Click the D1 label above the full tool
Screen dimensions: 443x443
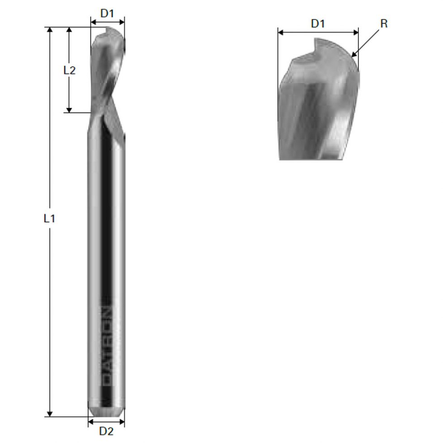click(107, 13)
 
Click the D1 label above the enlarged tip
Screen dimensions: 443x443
click(318, 24)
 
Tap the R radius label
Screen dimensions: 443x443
click(384, 24)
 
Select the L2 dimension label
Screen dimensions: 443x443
click(69, 70)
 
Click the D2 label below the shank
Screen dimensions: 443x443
click(106, 431)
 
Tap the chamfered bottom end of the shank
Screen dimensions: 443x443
click(106, 412)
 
